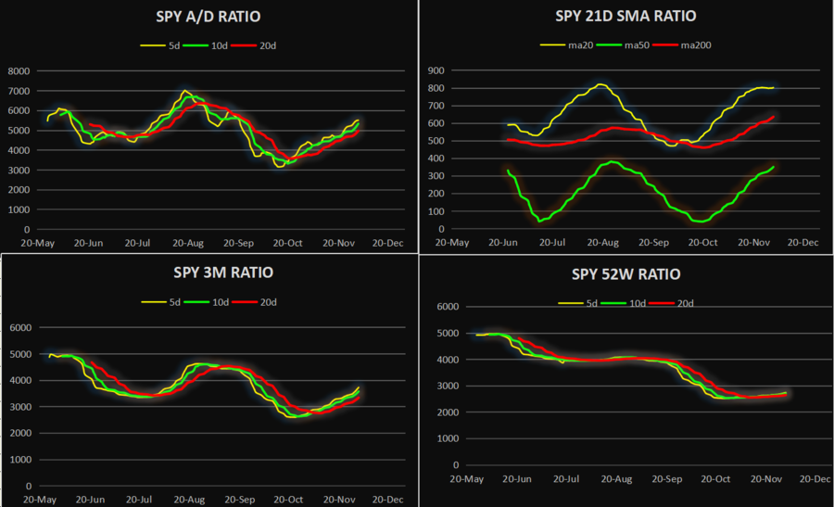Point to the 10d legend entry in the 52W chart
[x=633, y=303]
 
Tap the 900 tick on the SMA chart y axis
[x=436, y=70]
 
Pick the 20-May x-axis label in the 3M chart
[x=41, y=499]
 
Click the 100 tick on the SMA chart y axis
[x=436, y=211]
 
